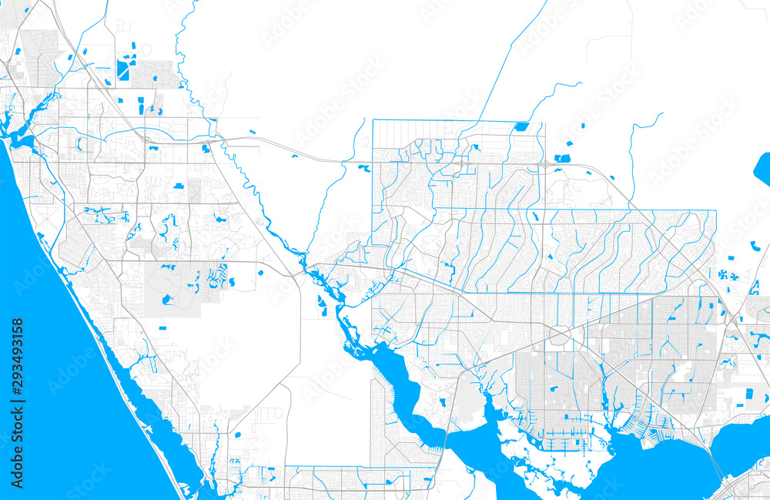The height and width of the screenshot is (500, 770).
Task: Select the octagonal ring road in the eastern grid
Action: point(560,335)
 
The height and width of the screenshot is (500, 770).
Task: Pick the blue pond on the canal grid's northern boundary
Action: point(521,126)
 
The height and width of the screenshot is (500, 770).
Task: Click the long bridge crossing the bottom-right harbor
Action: point(715,463)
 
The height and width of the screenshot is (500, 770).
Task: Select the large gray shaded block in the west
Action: point(173,289)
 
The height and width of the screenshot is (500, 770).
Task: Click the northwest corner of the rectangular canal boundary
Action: point(373,121)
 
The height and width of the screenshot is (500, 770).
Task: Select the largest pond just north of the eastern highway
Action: point(562,158)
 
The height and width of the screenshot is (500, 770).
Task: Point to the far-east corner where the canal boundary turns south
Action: point(715,211)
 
